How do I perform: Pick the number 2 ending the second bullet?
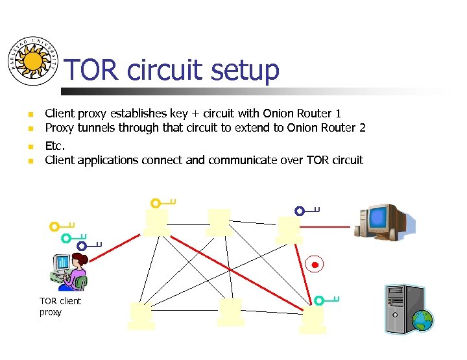362,128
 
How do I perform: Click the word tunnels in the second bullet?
96,128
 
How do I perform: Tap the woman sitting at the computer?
71,272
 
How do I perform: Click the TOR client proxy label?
60,307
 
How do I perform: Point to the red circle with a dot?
315,265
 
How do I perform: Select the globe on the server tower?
422,320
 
